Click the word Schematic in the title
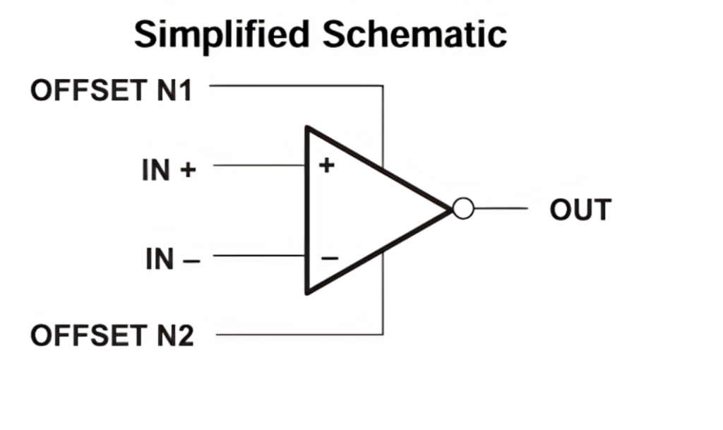pyautogui.click(x=415, y=35)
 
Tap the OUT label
pyautogui.click(x=580, y=210)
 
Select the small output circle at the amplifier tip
pyautogui.click(x=463, y=209)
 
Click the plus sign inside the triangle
pyautogui.click(x=326, y=165)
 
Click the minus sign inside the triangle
pyautogui.click(x=330, y=258)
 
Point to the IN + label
pyautogui.click(x=169, y=169)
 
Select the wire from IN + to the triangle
pyautogui.click(x=258, y=165)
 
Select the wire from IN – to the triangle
pyautogui.click(x=258, y=256)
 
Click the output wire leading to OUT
pyautogui.click(x=501, y=208)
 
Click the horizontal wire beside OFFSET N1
pyautogui.click(x=297, y=85)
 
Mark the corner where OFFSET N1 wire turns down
pyautogui.click(x=383, y=86)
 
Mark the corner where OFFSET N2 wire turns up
pyautogui.click(x=383, y=334)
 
